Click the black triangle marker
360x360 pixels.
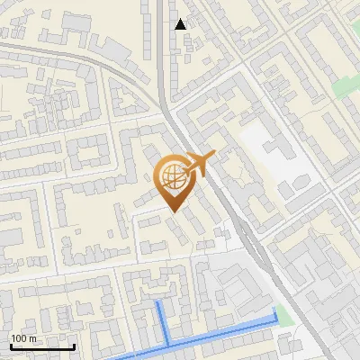181,24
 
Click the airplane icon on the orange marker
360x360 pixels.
200,164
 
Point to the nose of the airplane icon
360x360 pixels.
215,155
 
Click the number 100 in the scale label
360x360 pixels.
19,338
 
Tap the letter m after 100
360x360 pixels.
32,338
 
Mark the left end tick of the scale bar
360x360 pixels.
11,346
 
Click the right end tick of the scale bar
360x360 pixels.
74,346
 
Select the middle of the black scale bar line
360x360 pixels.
42,347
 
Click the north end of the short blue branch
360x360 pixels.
160,303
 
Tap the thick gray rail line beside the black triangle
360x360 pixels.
162,54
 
